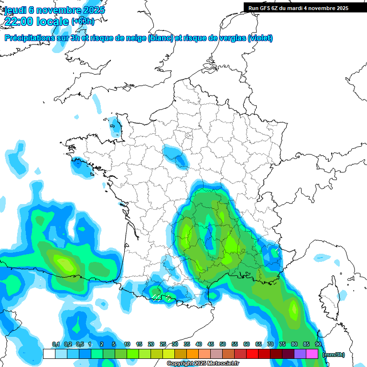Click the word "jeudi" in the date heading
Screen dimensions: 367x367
click(15, 10)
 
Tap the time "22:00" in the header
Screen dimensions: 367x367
click(20, 22)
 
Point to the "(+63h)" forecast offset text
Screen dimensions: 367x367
click(83, 22)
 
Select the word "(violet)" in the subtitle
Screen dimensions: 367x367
click(260, 38)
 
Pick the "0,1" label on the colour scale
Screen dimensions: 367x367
click(55, 345)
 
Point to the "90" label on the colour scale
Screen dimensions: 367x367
click(318, 345)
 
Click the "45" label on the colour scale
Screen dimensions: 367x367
click(211, 345)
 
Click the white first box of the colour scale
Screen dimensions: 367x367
click(49, 354)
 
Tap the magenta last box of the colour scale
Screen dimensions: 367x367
click(312, 354)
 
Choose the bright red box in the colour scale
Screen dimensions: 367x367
click(252, 354)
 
